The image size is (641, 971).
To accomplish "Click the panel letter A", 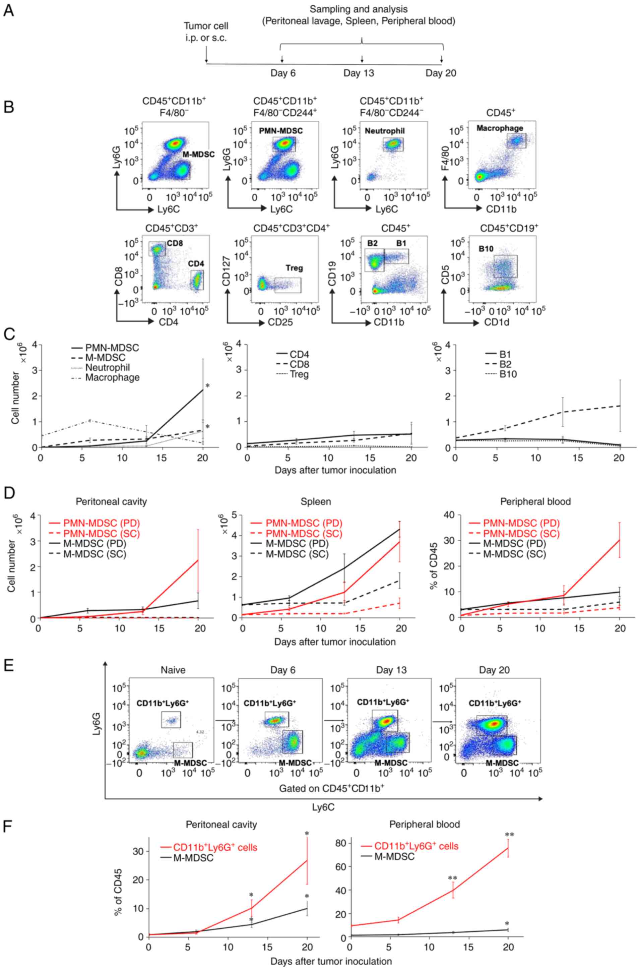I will pos(9,10).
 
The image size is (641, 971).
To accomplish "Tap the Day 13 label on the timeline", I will pos(359,73).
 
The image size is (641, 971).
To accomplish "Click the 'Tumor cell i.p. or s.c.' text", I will pos(206,32).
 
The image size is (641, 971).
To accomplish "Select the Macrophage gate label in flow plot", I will pos(500,128).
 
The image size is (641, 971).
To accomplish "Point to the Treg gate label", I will pos(294,268).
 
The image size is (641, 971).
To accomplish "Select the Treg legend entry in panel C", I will pos(300,374).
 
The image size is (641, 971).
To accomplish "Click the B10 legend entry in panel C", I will pos(508,374).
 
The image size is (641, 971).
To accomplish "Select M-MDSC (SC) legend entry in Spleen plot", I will pos(297,554).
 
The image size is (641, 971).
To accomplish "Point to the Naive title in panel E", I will pos(173,670).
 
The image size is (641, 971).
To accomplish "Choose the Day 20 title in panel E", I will pos(494,670).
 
